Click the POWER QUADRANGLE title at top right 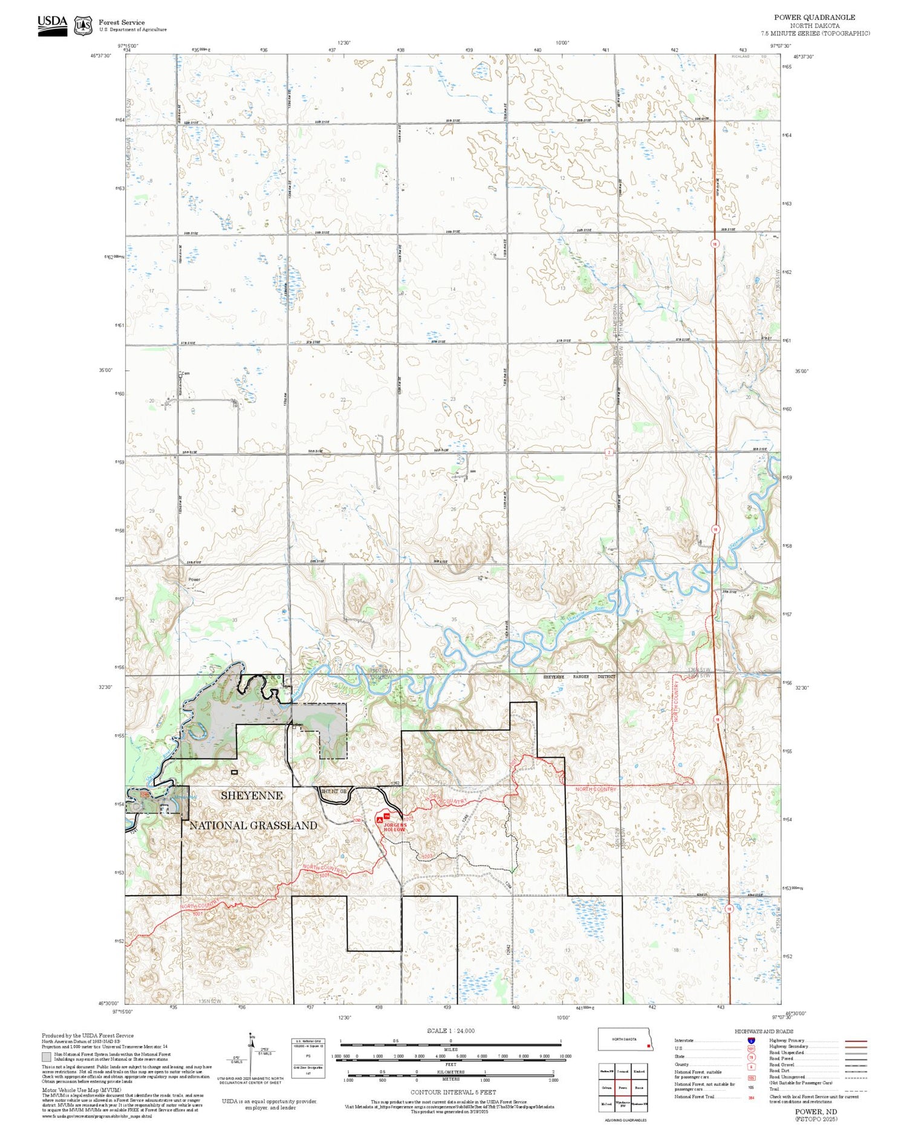point(814,18)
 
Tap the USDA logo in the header point(53,25)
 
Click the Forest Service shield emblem point(83,26)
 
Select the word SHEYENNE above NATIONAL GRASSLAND point(252,796)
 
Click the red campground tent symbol point(380,819)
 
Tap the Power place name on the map point(194,579)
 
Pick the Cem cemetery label point(186,374)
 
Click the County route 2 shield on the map point(609,452)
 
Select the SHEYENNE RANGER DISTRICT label point(579,677)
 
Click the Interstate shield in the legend point(751,1040)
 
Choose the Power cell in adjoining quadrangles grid point(623,1087)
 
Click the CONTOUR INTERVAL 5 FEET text point(453,1092)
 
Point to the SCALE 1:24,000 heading point(450,1031)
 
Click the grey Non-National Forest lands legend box point(47,1057)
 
